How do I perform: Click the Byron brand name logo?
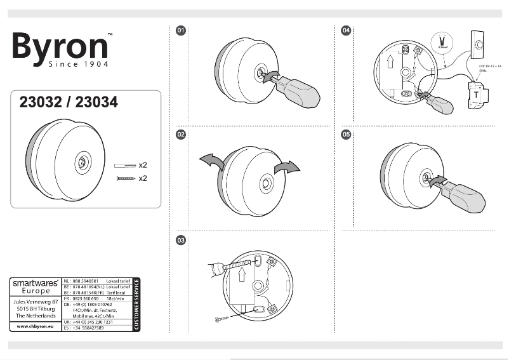pos(60,46)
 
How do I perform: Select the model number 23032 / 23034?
pos(69,102)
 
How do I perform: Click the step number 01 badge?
pos(181,30)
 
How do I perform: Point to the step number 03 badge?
pos(181,240)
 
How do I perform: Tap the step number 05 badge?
pos(346,135)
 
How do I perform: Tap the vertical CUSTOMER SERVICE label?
pos(136,305)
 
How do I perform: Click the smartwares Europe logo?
pos(36,287)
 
